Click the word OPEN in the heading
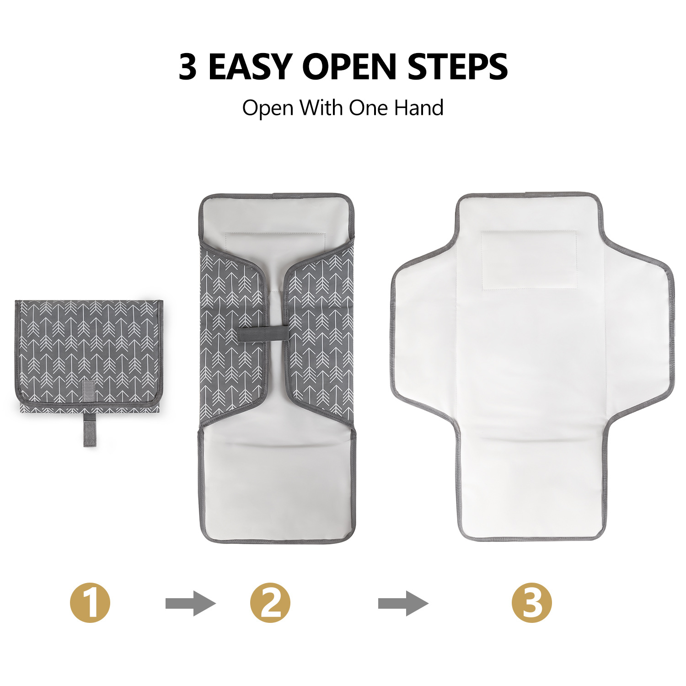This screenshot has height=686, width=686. point(349,67)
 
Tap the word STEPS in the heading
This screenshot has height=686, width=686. point(457,67)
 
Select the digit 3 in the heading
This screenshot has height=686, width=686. point(188,67)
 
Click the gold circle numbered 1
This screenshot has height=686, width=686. point(90,603)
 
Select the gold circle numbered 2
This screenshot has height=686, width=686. point(270,603)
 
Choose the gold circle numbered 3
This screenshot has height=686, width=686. point(532,603)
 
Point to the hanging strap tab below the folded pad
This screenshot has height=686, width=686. point(89,430)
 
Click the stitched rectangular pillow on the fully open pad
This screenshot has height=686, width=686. point(529,260)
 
